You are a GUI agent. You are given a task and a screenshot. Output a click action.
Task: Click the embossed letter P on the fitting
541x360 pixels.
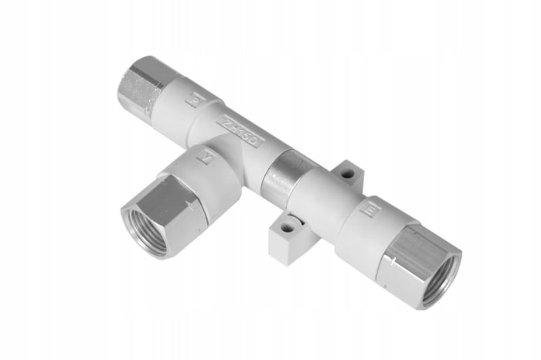click(196, 99)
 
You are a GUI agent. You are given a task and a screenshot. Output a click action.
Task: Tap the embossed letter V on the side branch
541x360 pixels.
click(206, 158)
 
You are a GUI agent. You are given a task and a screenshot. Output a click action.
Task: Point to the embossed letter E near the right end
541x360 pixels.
click(369, 209)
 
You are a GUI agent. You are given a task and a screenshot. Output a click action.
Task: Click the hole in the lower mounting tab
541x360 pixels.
click(288, 228)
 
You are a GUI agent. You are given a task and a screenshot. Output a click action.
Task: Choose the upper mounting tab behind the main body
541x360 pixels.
click(348, 176)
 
